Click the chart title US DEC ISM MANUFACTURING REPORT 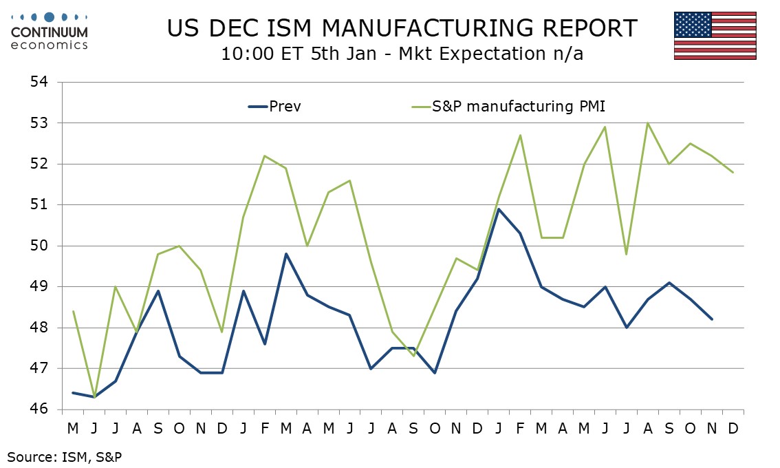click(x=402, y=28)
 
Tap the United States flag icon click(x=715, y=36)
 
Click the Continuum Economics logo click(x=50, y=31)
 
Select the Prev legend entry click(x=274, y=107)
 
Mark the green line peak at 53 click(x=647, y=123)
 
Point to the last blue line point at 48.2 click(x=712, y=319)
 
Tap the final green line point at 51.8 click(x=733, y=172)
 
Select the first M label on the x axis click(x=72, y=428)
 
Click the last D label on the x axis click(x=733, y=428)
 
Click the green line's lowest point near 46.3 click(x=94, y=397)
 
